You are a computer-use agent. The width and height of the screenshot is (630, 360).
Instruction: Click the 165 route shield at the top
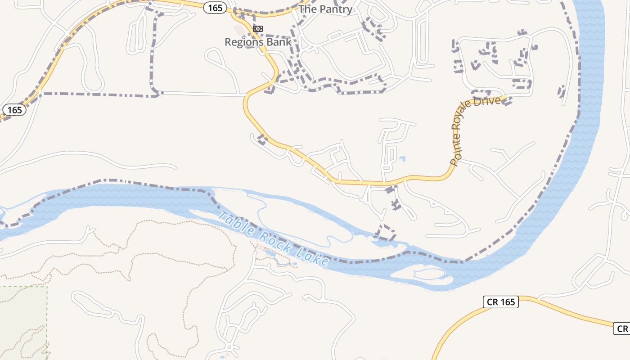pyautogui.click(x=215, y=8)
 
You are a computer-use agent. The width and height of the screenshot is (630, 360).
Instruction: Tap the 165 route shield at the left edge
pyautogui.click(x=14, y=110)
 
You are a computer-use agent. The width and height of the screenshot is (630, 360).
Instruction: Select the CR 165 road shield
pyautogui.click(x=501, y=302)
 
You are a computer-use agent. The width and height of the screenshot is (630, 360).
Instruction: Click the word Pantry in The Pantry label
pyautogui.click(x=336, y=9)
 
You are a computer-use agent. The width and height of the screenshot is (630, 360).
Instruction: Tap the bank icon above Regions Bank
pyautogui.click(x=257, y=29)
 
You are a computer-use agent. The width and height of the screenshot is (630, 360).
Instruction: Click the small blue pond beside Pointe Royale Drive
pyautogui.click(x=402, y=158)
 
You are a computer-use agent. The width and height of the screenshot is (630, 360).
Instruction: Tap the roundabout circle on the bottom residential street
pyautogui.click(x=229, y=347)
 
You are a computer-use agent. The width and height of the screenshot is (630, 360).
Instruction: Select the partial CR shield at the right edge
pyautogui.click(x=622, y=329)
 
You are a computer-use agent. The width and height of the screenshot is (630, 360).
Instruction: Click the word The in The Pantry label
pyautogui.click(x=308, y=9)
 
